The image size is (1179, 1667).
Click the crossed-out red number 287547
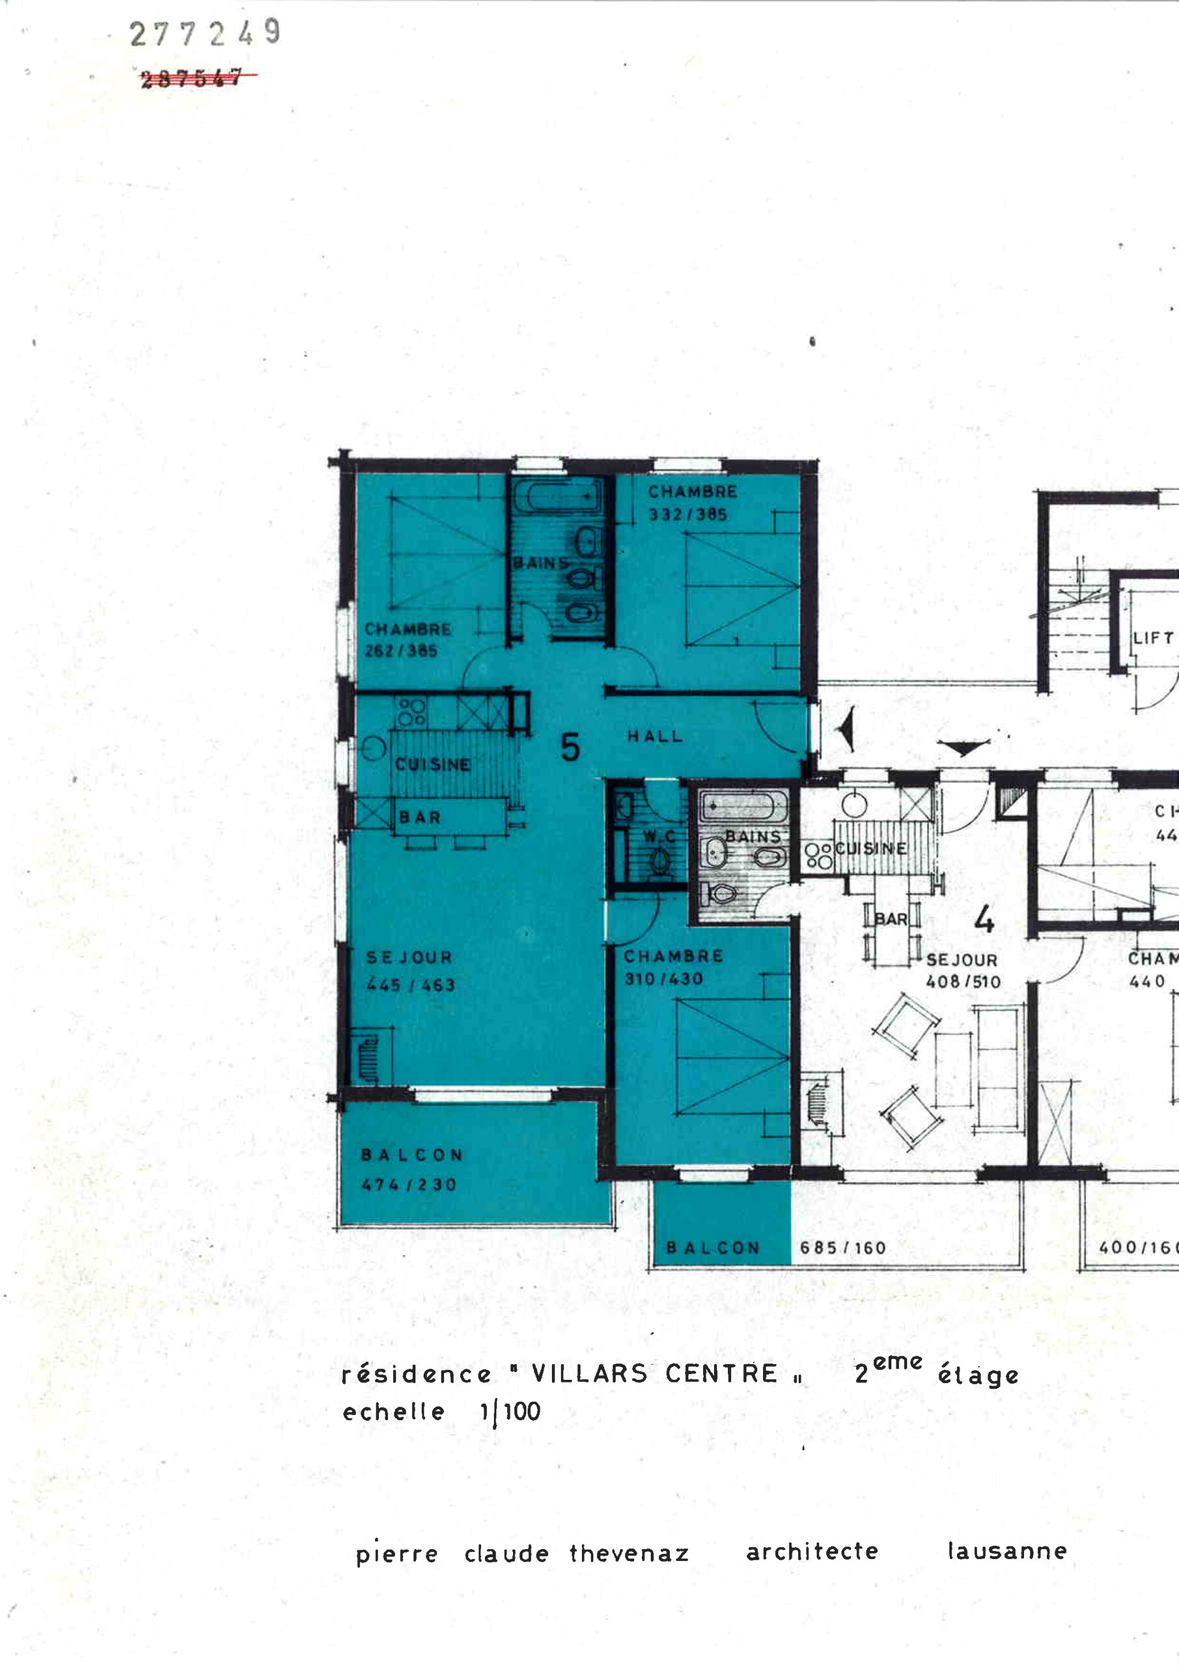coord(191,77)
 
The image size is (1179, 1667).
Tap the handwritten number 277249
coord(204,33)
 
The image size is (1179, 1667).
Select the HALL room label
coord(655,736)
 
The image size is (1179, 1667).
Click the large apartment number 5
coord(571,747)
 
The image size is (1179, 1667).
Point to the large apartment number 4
coord(984,920)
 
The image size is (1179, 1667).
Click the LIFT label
coord(1153,638)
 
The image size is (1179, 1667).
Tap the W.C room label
coord(659,836)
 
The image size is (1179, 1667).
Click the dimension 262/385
coord(401,651)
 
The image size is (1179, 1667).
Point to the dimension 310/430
coord(663,979)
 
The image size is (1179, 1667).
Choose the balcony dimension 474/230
coord(409,1185)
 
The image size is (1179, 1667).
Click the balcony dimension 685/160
coord(843,1248)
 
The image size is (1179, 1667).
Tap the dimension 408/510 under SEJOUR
coord(963,981)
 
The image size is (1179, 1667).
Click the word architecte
coord(812,1552)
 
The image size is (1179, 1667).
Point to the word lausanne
coord(1007,1551)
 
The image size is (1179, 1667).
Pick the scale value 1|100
coord(510,1412)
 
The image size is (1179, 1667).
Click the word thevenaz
coord(629,1554)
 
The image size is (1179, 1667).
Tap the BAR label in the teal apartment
coord(420,817)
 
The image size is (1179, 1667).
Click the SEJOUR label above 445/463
coord(409,958)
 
